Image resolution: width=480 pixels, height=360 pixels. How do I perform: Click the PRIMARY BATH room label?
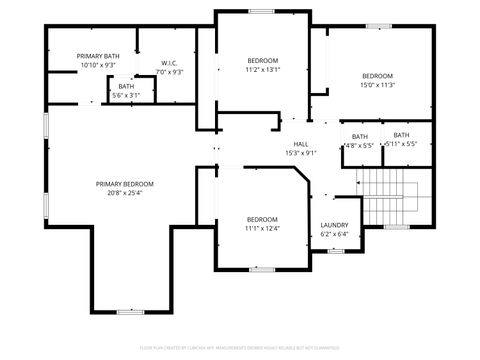(99, 56)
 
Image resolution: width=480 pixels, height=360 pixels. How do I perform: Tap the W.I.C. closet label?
(170, 63)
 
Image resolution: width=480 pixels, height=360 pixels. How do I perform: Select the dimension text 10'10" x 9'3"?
(99, 65)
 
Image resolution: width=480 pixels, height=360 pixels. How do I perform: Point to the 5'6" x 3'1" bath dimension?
(126, 95)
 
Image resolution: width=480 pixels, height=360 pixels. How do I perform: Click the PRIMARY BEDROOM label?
(125, 183)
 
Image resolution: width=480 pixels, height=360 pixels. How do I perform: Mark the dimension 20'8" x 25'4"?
(125, 193)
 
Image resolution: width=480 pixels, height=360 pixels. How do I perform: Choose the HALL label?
(300, 144)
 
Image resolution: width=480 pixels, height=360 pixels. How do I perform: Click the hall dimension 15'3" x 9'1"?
(300, 153)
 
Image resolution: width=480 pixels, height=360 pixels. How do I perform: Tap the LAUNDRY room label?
(334, 225)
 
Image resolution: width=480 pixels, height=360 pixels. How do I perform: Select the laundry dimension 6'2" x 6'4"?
(334, 234)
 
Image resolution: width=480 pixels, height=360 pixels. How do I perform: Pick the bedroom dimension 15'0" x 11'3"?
(377, 85)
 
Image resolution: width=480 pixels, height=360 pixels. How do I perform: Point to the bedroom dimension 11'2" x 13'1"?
(263, 70)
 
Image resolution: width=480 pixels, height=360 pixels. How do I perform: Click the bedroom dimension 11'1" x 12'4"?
(262, 229)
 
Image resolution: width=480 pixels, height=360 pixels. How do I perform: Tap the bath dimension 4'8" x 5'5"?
(359, 145)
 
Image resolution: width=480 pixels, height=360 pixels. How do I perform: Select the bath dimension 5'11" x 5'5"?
(401, 144)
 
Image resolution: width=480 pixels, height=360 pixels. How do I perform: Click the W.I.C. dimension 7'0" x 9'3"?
(170, 72)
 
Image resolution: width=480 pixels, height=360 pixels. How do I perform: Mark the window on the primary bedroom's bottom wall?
(131, 312)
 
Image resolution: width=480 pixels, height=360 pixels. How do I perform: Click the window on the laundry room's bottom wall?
(337, 250)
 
